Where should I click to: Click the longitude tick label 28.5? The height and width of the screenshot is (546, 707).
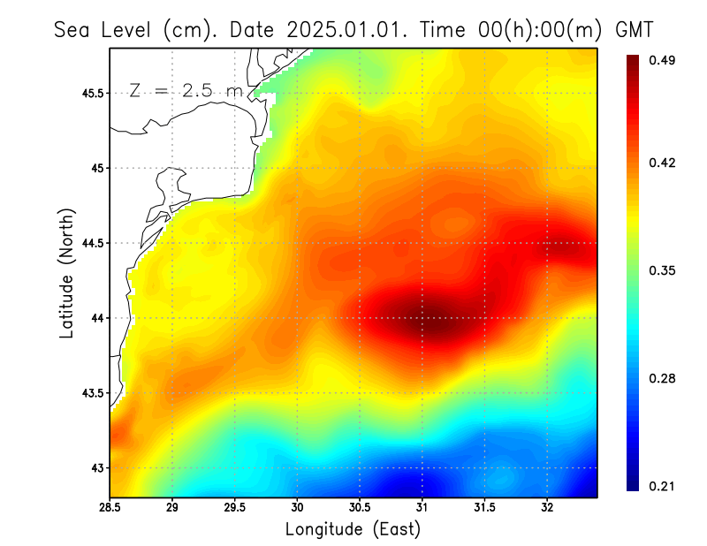point(110,508)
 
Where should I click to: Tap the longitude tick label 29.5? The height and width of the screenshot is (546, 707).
point(235,508)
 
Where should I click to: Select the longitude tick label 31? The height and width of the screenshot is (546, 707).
point(422,508)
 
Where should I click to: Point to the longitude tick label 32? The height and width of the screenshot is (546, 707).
point(547,508)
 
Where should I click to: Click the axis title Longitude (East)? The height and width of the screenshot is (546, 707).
point(353,529)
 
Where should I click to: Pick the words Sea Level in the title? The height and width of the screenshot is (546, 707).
point(105,29)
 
